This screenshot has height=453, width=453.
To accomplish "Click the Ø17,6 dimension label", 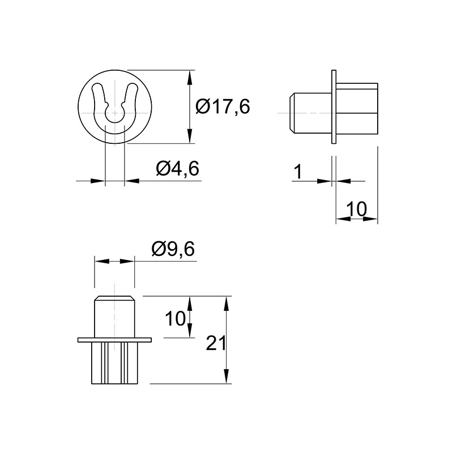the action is tap(223, 106).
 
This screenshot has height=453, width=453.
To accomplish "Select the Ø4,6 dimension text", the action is tap(177, 168).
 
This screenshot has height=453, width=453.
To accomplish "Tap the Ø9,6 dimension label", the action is tap(173, 249).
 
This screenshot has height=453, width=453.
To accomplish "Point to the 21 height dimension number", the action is tap(216, 344).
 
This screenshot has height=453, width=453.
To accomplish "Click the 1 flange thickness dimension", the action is tap(298, 172).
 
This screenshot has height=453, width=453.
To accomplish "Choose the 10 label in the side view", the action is tap(357, 209).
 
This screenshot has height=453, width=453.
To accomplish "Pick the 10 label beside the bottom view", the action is tap(175, 319).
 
